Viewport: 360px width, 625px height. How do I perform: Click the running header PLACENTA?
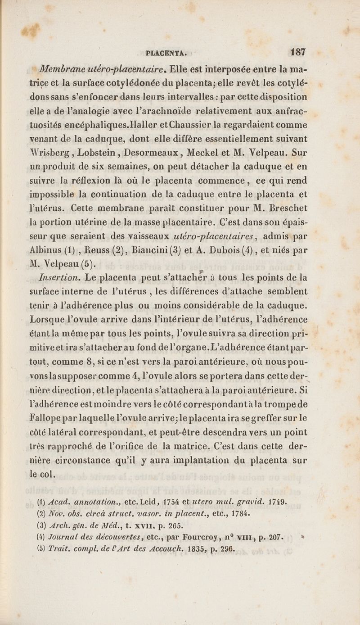coord(166,51)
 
